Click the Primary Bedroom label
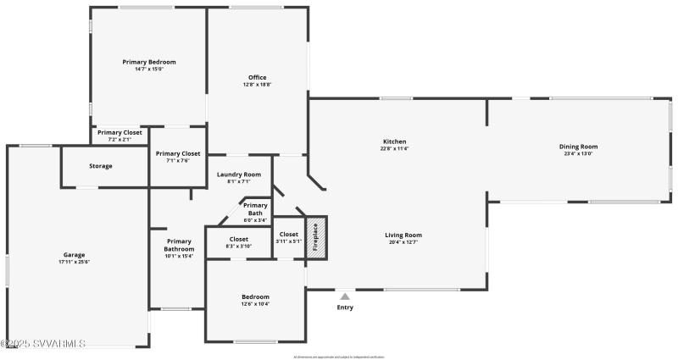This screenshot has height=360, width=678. pyautogui.click(x=149, y=62)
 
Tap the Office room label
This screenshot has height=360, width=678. pyautogui.click(x=257, y=78)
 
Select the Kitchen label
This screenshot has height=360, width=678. pyautogui.click(x=395, y=141)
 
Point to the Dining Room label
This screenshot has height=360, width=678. pyautogui.click(x=578, y=147)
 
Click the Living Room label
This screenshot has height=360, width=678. pyautogui.click(x=403, y=235)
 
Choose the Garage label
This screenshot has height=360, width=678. pyautogui.click(x=74, y=254)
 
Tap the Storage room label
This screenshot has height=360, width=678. pyautogui.click(x=101, y=166)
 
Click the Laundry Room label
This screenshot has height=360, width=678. pyautogui.click(x=239, y=174)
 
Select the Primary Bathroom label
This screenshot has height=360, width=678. pyautogui.click(x=179, y=245)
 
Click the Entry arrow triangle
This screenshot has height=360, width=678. pyautogui.click(x=345, y=296)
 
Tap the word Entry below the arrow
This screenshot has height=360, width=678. pyautogui.click(x=345, y=307)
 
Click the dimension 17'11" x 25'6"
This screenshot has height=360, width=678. pyautogui.click(x=74, y=262)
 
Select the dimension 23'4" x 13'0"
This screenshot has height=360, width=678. pyautogui.click(x=578, y=154)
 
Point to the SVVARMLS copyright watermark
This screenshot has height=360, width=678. pyautogui.click(x=44, y=344)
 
